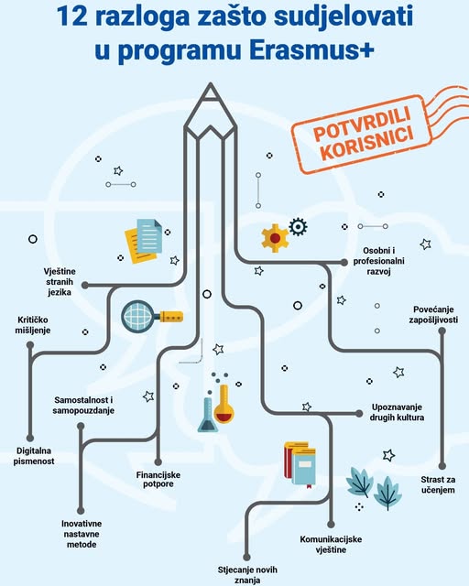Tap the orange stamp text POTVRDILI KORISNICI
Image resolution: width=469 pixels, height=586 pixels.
pos(362,134)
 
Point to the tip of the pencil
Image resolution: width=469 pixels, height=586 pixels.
pos(211,83)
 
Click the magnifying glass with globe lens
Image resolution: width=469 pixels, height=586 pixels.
pos(151,316)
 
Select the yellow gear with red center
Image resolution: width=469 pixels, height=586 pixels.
pos(275,238)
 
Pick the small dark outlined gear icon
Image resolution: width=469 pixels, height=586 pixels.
pos(298,227)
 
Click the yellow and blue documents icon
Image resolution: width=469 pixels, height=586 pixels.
pos(144,241)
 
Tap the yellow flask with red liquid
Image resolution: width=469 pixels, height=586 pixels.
pos(224,405)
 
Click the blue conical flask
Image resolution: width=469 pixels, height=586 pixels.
pos(208,415)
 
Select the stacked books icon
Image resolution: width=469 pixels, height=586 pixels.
pos(300,464)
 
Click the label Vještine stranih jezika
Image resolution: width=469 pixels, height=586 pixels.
pos(60,282)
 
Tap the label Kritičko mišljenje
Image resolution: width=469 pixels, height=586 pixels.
pos(33,325)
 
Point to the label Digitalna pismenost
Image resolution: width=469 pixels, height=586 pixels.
pos(34,456)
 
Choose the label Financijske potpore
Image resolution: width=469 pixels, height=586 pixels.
pos(158,480)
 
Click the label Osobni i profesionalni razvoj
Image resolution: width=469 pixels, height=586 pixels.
pos(379,261)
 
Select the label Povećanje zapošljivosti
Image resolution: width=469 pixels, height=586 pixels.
pos(433,315)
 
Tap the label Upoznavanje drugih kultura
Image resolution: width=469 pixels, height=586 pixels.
pos(397,412)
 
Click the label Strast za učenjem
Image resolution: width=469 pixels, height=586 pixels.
pos(438,484)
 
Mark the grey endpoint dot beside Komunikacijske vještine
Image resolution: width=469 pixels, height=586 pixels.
pos(331,525)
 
